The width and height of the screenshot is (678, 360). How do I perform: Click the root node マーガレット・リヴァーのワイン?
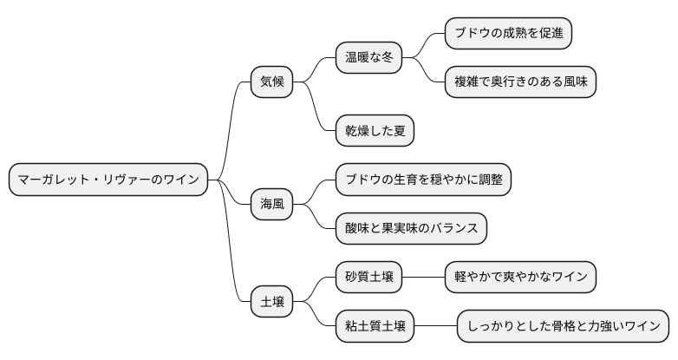pyautogui.click(x=108, y=180)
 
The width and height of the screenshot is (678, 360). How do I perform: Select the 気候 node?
pyautogui.click(x=271, y=82)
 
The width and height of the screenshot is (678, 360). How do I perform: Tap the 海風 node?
pyautogui.click(x=271, y=205)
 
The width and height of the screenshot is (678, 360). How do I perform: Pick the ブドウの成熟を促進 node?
pyautogui.click(x=509, y=34)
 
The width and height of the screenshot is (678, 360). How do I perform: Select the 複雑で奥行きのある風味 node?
pyautogui.click(x=520, y=82)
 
